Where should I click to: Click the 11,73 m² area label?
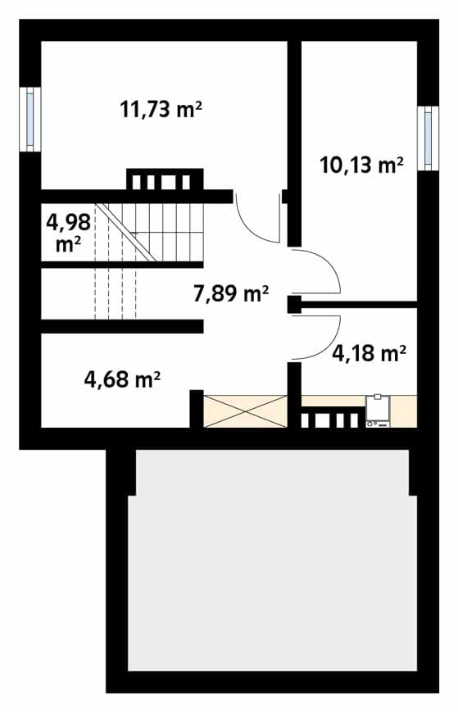click(161, 110)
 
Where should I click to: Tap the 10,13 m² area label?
click(361, 165)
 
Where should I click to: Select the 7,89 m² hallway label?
click(231, 293)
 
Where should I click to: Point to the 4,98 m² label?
click(69, 233)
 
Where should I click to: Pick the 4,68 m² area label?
click(122, 379)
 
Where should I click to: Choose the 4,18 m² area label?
click(369, 353)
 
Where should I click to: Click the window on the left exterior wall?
click(30, 119)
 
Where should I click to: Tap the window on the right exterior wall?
click(428, 138)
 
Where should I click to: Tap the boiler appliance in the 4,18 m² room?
click(378, 410)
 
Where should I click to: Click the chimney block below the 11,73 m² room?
click(165, 179)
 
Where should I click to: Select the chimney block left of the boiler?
click(333, 418)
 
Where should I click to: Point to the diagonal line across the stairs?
click(127, 233)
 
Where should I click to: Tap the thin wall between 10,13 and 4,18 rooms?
click(359, 304)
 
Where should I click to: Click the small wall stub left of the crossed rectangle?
click(196, 409)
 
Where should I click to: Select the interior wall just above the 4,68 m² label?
click(121, 326)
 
